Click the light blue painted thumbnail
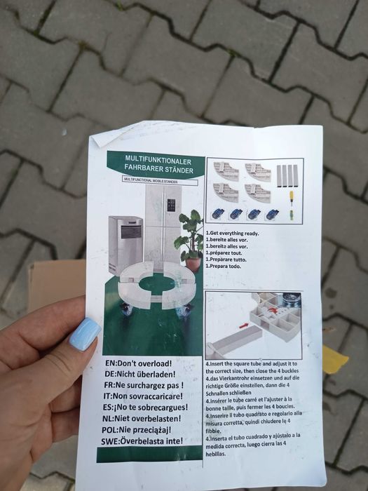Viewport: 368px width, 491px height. pos(85,333)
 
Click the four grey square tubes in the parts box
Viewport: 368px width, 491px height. pos(287,175)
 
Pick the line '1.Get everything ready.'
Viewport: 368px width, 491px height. pos(232,234)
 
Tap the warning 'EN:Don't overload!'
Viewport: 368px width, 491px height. pos(138,364)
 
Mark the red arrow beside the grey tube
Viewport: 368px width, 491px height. pos(243,325)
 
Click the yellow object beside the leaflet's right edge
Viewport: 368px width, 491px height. pos(334,360)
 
